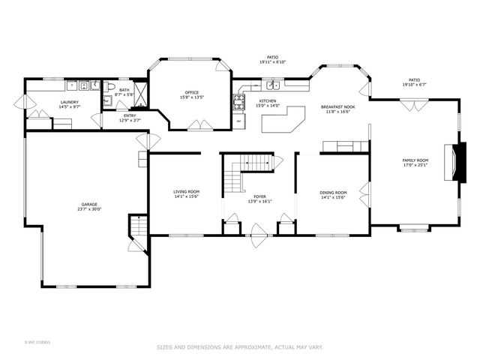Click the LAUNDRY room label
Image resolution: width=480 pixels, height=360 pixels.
pos(70,102)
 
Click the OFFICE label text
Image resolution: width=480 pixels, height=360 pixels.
pos(192,93)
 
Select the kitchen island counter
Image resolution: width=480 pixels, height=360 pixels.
pos(285,118)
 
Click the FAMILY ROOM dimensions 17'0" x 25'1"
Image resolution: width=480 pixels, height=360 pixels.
pos(415,166)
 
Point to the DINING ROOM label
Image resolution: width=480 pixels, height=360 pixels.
pos(333,193)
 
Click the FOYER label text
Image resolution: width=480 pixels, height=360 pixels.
pos(259,196)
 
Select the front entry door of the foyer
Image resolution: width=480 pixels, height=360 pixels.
pos(259,234)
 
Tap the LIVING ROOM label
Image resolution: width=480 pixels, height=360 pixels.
pos(186,193)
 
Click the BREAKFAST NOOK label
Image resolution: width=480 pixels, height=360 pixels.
pos(338,106)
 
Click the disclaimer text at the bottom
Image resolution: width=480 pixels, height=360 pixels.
pos(239,346)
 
